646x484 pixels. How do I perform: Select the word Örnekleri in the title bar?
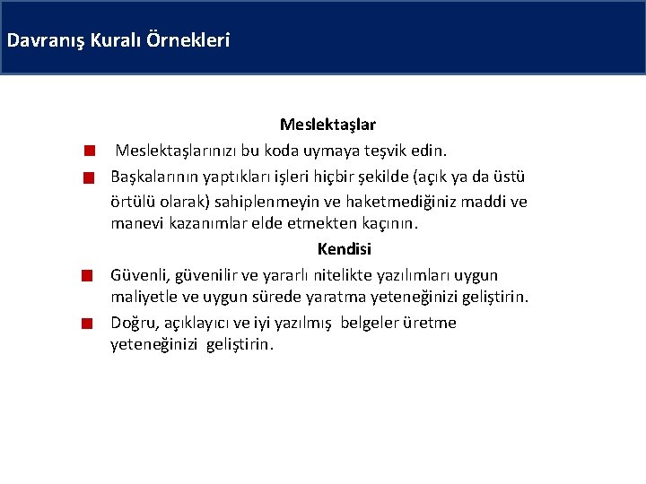tap(196, 40)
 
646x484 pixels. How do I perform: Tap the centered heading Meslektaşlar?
tap(327, 125)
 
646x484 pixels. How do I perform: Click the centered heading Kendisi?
tap(344, 249)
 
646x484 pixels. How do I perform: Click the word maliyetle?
tap(144, 297)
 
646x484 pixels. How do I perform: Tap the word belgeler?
tap(371, 323)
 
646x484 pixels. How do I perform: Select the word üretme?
tap(430, 323)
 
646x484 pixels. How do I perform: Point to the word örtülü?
tap(135, 201)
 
